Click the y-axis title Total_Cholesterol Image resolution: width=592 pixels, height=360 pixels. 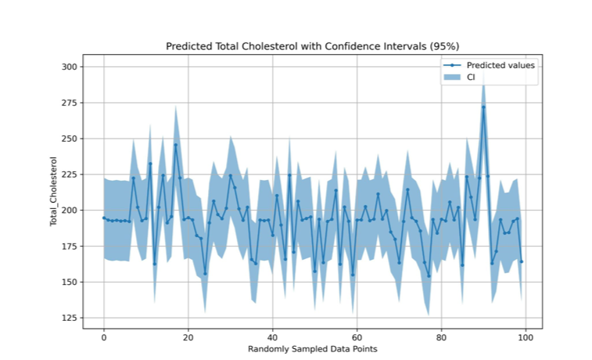click(x=54, y=192)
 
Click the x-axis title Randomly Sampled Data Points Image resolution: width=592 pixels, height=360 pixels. click(x=313, y=347)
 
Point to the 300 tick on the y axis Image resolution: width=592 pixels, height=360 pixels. click(x=69, y=67)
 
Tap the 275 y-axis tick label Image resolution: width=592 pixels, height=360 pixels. click(x=69, y=103)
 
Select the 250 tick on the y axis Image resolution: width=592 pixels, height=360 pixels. click(x=69, y=139)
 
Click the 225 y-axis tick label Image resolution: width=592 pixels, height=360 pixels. click(x=69, y=175)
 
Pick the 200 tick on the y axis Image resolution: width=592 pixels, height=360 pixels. click(x=69, y=211)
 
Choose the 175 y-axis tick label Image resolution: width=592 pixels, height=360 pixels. click(x=69, y=247)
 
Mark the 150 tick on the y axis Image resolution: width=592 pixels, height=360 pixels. click(x=69, y=282)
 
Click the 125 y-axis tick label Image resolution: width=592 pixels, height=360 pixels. click(x=69, y=318)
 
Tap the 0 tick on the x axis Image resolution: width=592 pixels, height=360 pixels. click(x=103, y=336)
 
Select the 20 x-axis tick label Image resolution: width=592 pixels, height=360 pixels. click(x=188, y=336)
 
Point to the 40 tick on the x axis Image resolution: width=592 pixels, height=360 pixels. click(x=272, y=336)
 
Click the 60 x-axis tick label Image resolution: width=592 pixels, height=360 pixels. click(x=357, y=336)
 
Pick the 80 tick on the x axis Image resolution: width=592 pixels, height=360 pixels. click(x=441, y=336)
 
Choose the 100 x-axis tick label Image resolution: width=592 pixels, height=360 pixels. click(x=526, y=336)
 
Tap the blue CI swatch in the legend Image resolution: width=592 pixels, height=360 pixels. click(x=452, y=77)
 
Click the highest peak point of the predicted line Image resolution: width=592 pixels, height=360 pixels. click(x=483, y=107)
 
